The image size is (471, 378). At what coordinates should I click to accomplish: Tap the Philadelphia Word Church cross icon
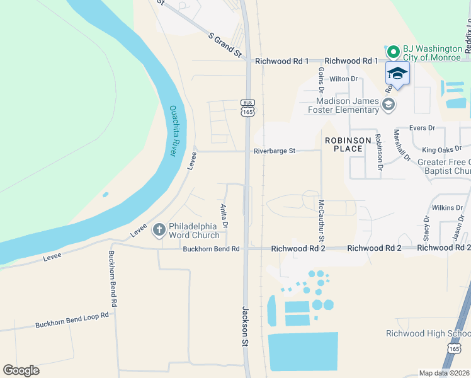pos(160,229)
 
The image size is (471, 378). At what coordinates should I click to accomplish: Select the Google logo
pos(21,370)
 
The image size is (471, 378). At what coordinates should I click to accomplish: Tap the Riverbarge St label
pos(275,151)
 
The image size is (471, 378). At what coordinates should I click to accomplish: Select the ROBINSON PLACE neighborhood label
pos(344,144)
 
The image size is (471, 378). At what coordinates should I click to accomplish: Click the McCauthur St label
pos(321,220)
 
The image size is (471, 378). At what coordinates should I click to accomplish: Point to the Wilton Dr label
pos(343,79)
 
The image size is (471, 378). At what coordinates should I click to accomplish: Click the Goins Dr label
pos(321,81)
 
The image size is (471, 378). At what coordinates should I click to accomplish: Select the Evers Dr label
pos(423,128)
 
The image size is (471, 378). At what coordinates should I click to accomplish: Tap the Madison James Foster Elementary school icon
pos(389,104)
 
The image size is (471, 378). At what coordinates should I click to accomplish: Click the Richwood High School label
pos(428,333)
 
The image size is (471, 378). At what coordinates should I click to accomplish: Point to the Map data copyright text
pos(445,373)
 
